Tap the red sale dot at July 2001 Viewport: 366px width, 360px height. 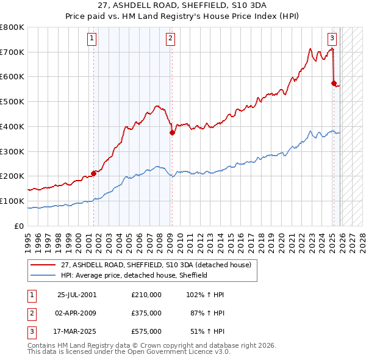coord(93,173)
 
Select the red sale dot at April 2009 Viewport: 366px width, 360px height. coord(172,132)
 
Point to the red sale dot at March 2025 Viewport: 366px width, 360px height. coord(334,82)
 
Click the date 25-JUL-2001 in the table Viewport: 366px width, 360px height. coord(76,294)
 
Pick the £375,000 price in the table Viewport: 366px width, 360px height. coord(146,313)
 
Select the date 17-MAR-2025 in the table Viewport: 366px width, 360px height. coord(76,332)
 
